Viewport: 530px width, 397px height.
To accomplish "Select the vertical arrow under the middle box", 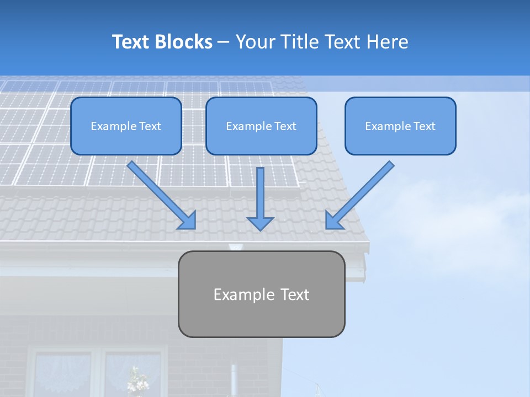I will pyautogui.click(x=260, y=193).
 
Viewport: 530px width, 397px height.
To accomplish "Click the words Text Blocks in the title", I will pyautogui.click(x=162, y=42).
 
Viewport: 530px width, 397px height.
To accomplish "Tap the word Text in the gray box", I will pyautogui.click(x=295, y=294).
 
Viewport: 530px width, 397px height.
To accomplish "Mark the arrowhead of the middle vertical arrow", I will pyautogui.click(x=260, y=223).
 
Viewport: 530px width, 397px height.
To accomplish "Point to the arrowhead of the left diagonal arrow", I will pyautogui.click(x=188, y=222).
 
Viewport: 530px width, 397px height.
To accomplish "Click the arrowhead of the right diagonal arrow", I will pyautogui.click(x=333, y=221).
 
